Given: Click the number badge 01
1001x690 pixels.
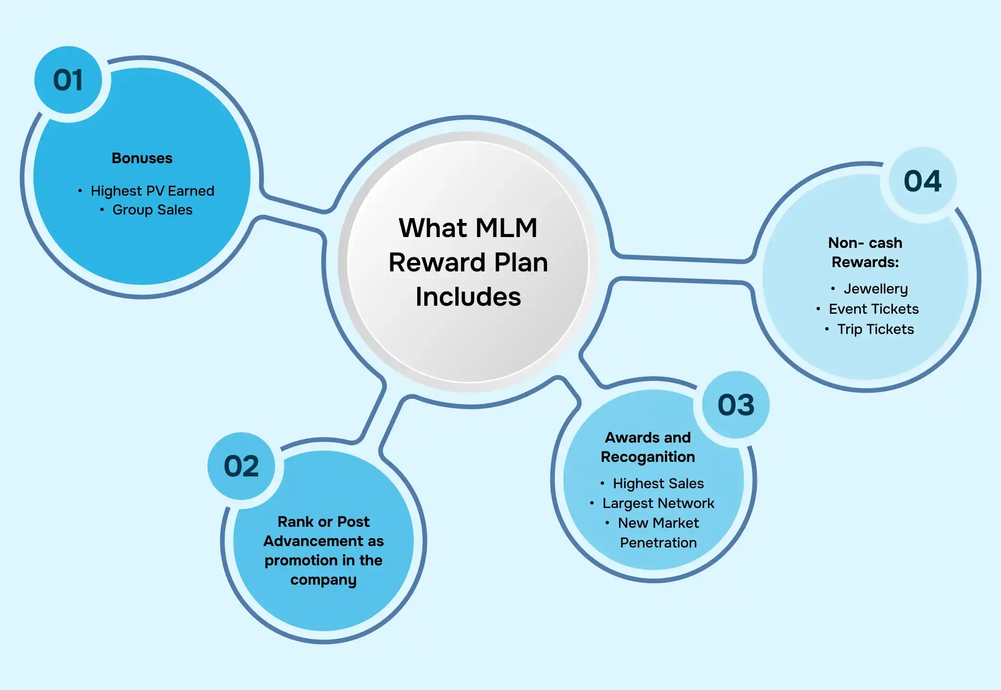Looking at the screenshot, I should [68, 80].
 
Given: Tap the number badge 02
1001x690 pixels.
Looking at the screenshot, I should [241, 466].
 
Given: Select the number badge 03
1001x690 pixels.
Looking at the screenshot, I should [736, 405].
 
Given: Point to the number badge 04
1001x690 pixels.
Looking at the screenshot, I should [922, 181].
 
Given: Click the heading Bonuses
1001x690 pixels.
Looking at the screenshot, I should [142, 158].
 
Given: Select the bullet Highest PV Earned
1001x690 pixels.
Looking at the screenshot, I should [152, 191].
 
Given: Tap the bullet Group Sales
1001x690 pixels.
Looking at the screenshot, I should [152, 210].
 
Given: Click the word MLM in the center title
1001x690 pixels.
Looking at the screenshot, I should [506, 228].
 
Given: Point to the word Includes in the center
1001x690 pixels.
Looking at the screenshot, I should [468, 297].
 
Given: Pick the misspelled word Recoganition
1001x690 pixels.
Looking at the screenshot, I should [648, 457].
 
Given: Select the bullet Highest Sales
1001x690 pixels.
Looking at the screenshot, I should [658, 484].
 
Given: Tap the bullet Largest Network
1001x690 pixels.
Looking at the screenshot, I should [658, 503].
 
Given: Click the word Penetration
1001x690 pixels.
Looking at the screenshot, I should [658, 543].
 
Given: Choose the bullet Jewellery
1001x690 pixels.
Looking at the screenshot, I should [875, 289].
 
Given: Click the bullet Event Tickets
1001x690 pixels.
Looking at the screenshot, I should [874, 309].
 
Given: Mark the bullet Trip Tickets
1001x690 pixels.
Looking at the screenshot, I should [875, 329].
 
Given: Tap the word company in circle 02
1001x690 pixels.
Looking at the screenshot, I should [324, 580].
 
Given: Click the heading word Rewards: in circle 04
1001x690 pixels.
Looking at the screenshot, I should [865, 262].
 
